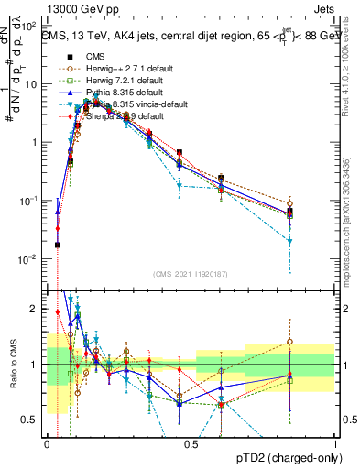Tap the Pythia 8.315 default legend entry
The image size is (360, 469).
[114, 93]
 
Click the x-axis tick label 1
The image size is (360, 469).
[335, 443]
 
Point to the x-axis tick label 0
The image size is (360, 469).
[47, 443]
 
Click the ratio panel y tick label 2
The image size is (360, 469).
[34, 309]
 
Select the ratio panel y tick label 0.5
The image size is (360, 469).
[30, 420]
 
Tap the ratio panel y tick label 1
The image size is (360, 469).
[34, 365]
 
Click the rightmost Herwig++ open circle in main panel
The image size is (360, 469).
[289, 203]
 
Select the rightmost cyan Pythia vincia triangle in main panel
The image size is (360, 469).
[289, 241]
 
